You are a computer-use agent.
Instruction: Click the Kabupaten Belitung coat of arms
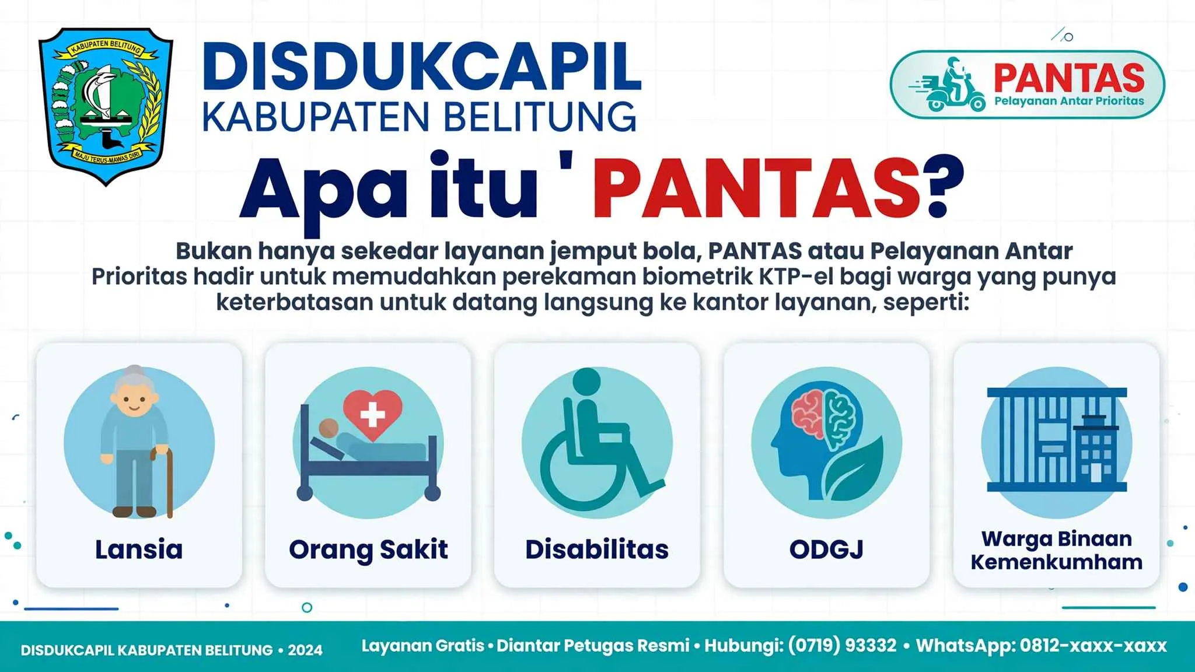click(106, 106)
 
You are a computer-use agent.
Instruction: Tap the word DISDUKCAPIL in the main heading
click(422, 66)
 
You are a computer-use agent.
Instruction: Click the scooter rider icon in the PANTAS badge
click(948, 85)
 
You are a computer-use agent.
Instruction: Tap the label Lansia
click(139, 549)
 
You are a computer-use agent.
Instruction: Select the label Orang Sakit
click(368, 550)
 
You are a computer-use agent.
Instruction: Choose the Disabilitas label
click(597, 549)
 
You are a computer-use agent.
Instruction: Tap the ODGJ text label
click(826, 549)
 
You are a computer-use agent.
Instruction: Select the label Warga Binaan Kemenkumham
click(1057, 550)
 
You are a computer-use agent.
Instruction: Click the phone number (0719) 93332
click(842, 646)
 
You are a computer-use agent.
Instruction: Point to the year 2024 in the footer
click(305, 650)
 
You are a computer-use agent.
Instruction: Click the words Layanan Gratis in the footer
click(423, 646)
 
